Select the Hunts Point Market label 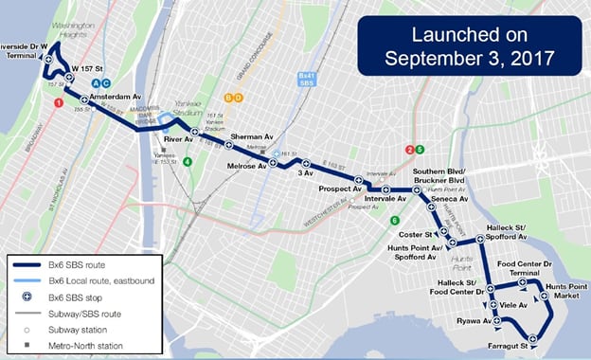[x=565, y=291]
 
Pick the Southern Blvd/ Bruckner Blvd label [x=438, y=175]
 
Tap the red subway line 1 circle [x=59, y=102]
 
